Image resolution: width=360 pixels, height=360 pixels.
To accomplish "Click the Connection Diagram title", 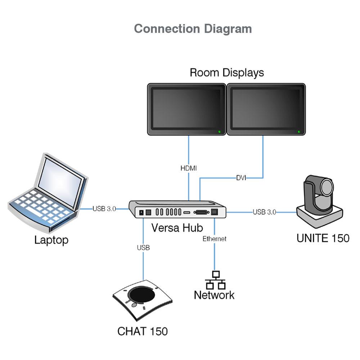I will pyautogui.click(x=193, y=29).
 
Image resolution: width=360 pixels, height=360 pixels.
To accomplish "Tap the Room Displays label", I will pyautogui.click(x=226, y=72).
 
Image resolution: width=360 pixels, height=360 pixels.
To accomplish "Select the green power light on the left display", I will pyautogui.click(x=219, y=132).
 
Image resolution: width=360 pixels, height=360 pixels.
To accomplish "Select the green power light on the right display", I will pyautogui.click(x=299, y=132).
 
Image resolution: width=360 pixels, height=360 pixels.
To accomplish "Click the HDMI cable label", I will pyautogui.click(x=189, y=168).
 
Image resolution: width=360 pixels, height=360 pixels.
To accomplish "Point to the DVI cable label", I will pyautogui.click(x=241, y=178).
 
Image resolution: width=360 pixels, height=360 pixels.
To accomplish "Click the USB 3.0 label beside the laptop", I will pyautogui.click(x=104, y=209).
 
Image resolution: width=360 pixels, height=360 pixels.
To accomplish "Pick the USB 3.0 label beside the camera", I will pyautogui.click(x=264, y=212).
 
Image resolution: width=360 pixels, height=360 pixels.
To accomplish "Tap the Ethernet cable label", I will pyautogui.click(x=215, y=239).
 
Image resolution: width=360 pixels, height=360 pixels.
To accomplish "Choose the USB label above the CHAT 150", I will pyautogui.click(x=143, y=248).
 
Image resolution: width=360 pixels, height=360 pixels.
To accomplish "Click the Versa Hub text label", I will pyautogui.click(x=177, y=228).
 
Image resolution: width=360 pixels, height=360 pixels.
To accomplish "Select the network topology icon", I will pyautogui.click(x=215, y=280).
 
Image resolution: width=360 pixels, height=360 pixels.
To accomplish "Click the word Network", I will pyautogui.click(x=214, y=295).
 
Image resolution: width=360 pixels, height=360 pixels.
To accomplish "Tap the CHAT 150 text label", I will pyautogui.click(x=143, y=331).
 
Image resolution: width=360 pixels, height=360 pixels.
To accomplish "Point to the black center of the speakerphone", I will pyautogui.click(x=143, y=296).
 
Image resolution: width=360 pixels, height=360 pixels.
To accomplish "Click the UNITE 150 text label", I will pyautogui.click(x=323, y=238).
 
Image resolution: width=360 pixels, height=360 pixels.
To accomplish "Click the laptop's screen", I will pyautogui.click(x=59, y=180).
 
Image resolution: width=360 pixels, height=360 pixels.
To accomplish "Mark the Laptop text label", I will pyautogui.click(x=51, y=240).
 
